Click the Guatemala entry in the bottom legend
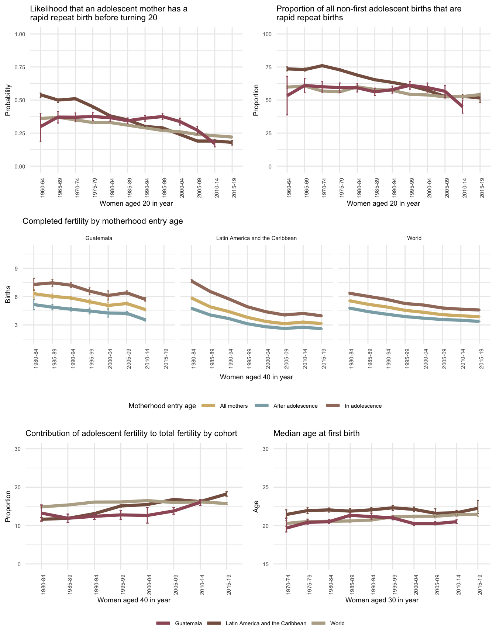(x=188, y=623)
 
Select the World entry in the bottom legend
(x=337, y=623)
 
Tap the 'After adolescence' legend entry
(x=295, y=406)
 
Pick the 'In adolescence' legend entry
(x=363, y=406)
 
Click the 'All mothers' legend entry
(x=234, y=406)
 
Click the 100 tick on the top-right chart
(x=266, y=34)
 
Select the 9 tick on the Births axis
(x=16, y=268)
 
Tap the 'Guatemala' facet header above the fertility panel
(x=99, y=238)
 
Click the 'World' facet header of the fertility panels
(x=414, y=238)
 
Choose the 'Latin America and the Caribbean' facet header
(x=256, y=238)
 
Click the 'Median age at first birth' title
(x=316, y=434)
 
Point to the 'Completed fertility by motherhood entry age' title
(x=103, y=221)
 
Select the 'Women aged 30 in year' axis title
(x=382, y=600)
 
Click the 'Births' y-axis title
(x=8, y=296)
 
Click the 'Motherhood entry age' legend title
(x=162, y=406)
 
